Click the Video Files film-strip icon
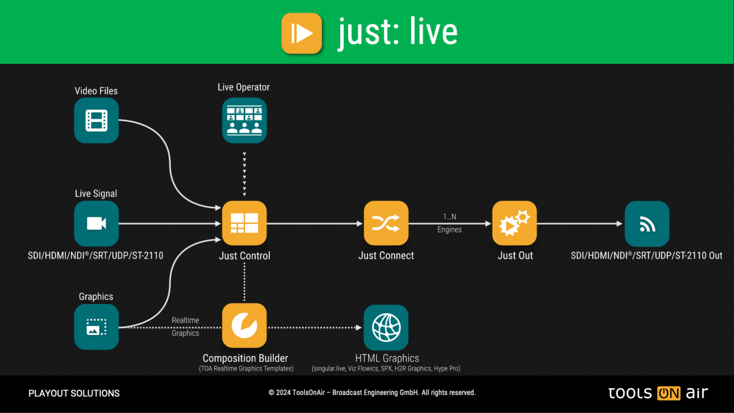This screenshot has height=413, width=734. click(x=97, y=120)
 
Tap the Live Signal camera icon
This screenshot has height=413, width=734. click(x=97, y=224)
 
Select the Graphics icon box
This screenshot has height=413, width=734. click(x=97, y=327)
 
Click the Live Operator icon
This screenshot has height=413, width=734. click(x=244, y=120)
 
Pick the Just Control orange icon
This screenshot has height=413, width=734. click(x=244, y=224)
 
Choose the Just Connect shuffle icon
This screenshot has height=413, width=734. click(x=386, y=224)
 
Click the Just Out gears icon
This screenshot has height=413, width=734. click(x=514, y=224)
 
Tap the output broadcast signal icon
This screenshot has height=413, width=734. click(x=647, y=224)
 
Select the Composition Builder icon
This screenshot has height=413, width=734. click(x=244, y=326)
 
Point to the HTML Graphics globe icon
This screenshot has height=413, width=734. click(x=386, y=327)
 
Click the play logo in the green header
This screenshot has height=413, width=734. click(x=302, y=33)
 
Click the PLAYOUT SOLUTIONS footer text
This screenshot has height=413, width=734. click(x=74, y=393)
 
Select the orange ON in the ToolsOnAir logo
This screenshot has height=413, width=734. click(x=669, y=393)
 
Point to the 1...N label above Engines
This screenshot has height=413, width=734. click(x=449, y=216)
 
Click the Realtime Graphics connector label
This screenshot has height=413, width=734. click(x=185, y=327)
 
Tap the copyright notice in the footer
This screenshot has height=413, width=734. click(x=372, y=393)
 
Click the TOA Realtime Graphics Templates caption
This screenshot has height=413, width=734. click(x=246, y=369)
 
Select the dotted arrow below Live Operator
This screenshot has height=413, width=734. click(x=244, y=172)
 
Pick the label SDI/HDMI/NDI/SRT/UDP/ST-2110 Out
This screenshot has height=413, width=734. click(x=646, y=255)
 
